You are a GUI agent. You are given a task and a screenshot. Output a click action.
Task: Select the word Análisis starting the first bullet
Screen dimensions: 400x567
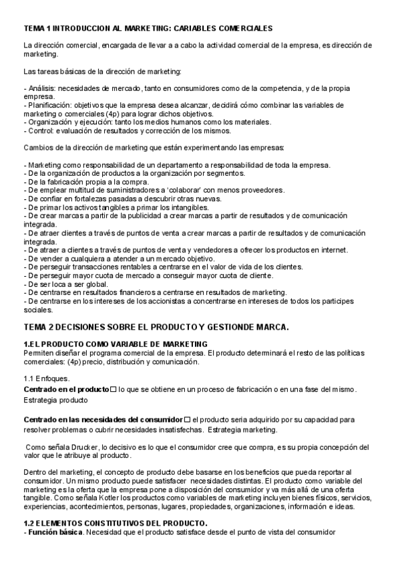click(41, 88)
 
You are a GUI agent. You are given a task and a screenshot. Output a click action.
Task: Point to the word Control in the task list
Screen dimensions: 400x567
click(39, 130)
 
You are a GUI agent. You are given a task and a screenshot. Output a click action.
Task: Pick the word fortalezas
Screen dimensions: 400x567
click(93, 199)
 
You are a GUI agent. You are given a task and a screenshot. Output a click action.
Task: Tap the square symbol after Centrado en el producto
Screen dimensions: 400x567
click(114, 389)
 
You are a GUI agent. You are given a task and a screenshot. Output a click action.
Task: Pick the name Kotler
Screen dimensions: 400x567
click(120, 497)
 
